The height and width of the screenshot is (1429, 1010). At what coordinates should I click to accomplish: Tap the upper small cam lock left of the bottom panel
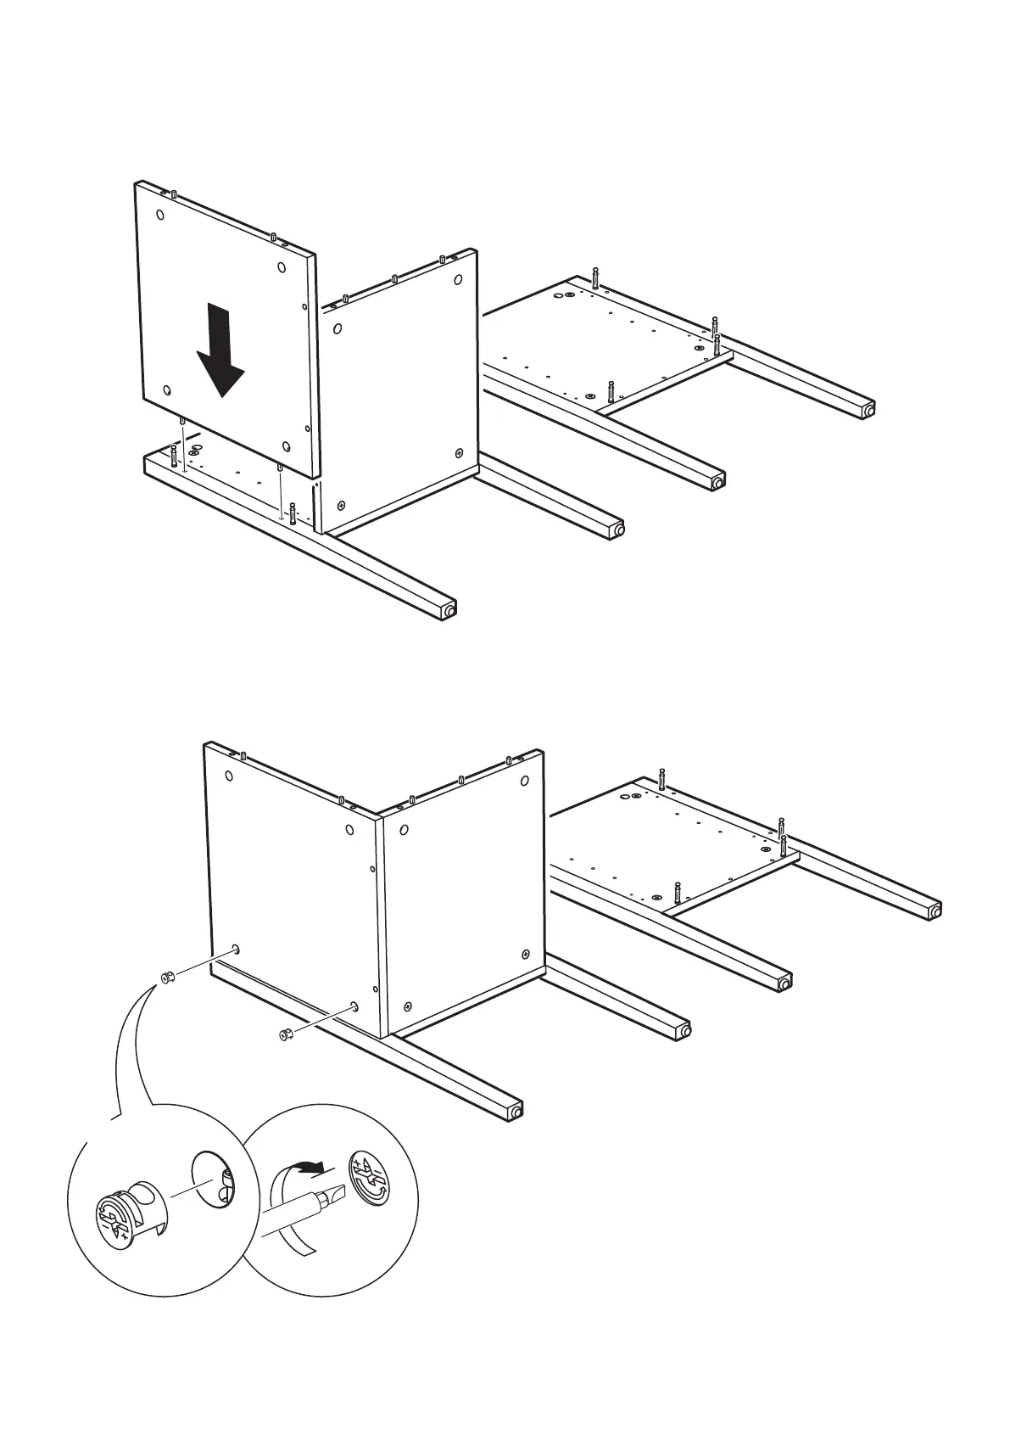click(167, 978)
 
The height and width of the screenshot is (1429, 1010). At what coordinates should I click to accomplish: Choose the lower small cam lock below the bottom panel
click(285, 1034)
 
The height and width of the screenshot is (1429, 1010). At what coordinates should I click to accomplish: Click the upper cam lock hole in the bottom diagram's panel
click(236, 950)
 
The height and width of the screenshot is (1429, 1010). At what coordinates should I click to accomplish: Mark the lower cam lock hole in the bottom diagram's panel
click(354, 1008)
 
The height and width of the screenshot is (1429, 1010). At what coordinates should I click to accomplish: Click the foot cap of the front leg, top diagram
click(449, 609)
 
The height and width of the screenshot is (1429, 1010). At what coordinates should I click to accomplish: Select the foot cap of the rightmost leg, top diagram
click(868, 410)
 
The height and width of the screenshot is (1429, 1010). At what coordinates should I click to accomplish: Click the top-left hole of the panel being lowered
click(161, 215)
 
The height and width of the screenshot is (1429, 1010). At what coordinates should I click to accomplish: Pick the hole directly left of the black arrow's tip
click(167, 391)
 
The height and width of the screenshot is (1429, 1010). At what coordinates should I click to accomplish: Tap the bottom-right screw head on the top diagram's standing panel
click(460, 453)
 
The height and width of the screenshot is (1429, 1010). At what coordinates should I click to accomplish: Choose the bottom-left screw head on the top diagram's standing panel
click(343, 503)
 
